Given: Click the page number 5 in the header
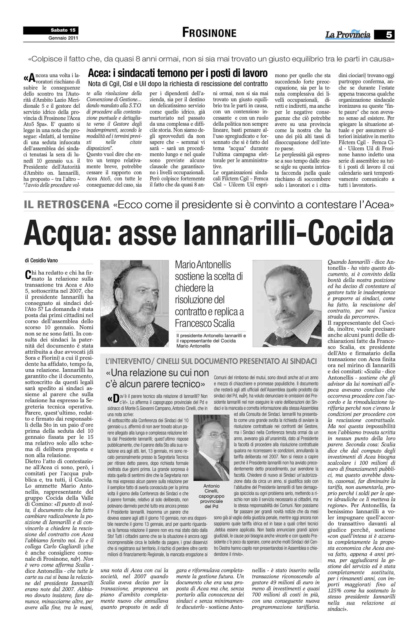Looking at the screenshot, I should (389, 35).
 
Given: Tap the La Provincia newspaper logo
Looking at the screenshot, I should (348, 35).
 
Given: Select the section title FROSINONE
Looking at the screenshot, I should (209, 33).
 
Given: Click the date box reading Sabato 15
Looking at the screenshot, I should (63, 30).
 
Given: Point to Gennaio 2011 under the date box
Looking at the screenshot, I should (63, 38).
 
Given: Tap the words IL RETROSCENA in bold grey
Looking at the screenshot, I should (67, 204).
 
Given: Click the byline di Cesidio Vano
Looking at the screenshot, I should (41, 260).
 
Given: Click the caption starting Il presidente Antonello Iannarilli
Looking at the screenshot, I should (211, 341).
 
